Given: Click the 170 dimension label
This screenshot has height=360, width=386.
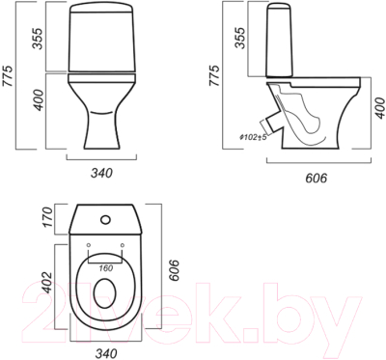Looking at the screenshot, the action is coord(47,217).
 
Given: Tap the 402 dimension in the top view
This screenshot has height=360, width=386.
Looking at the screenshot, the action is coord(47,283).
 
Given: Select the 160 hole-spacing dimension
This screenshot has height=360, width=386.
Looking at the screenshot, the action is coord(105,268).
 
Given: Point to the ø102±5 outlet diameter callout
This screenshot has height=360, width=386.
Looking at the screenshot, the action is coord(253,137).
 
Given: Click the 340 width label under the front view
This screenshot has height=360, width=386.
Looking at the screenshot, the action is coord(101,173).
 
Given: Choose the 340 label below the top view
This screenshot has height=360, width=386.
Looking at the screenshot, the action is coord(105,353).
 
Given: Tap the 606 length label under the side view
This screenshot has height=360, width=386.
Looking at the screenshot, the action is coord(316,178).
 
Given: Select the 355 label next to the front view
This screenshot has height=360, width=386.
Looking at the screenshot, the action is coord(37,39).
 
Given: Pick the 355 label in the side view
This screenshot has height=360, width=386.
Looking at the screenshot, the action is coord(239,38).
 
